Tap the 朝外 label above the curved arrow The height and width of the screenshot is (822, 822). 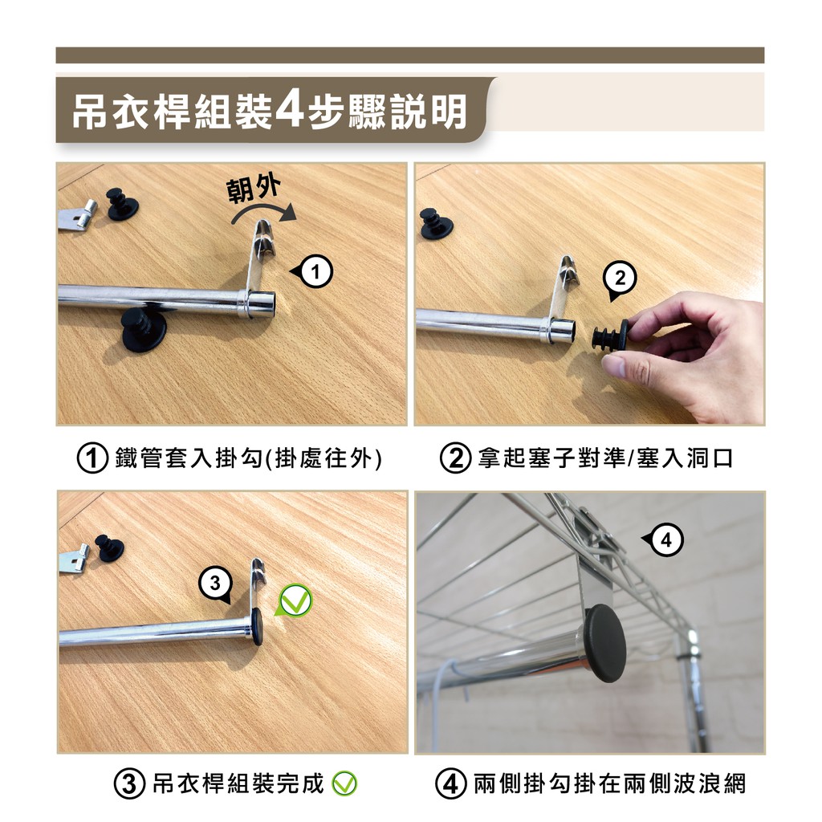point(253,188)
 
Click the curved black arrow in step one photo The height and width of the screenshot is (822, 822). point(263,213)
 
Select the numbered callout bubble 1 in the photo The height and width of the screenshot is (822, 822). point(313,271)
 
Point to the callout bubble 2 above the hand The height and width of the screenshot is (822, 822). point(620,280)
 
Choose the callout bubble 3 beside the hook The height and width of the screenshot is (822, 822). point(216,584)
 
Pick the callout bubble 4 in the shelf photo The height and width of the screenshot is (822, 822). point(664,539)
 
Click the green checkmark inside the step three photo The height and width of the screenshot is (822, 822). point(294,600)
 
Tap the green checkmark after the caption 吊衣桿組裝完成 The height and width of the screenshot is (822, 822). point(344,783)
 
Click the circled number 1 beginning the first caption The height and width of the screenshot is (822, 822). point(92,458)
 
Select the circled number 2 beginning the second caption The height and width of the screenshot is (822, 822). point(455,458)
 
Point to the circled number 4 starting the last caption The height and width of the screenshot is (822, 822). point(451,783)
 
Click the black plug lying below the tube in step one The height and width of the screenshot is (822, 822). point(143,330)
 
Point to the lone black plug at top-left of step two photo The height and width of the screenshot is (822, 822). point(436,224)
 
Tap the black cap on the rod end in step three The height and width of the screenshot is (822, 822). point(257,626)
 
